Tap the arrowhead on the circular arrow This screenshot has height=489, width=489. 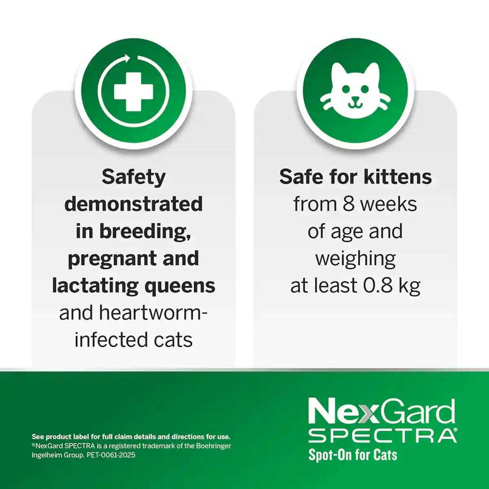[x=128, y=59]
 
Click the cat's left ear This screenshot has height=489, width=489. [x=339, y=73]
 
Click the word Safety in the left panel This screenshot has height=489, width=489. [x=134, y=177]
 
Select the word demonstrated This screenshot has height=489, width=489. [x=134, y=204]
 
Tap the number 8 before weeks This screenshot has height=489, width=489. [x=348, y=204]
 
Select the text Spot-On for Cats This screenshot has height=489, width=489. [x=352, y=455]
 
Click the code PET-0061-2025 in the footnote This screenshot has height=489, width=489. [x=111, y=455]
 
